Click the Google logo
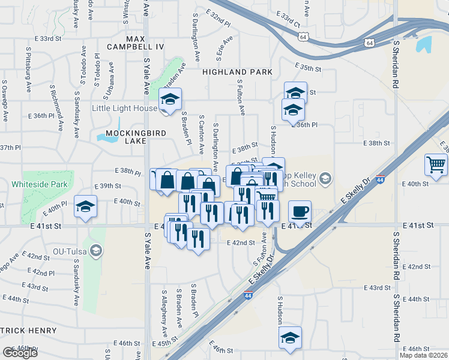pos(20,352)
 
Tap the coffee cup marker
pos(300,212)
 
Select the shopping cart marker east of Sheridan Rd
pos(436,164)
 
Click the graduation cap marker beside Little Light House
pos(170,100)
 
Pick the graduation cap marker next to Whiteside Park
pos(86,207)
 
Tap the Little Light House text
pos(123,108)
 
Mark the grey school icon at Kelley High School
pos(325,178)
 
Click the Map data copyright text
pos(423,355)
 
